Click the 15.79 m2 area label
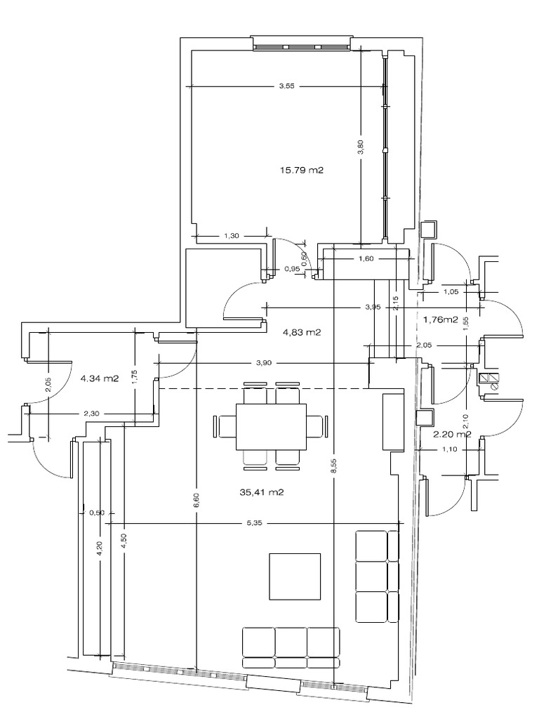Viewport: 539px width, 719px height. click(x=302, y=169)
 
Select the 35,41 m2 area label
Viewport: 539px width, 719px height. click(x=262, y=493)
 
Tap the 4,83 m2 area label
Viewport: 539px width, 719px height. click(x=301, y=333)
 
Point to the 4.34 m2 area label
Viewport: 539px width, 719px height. click(x=100, y=378)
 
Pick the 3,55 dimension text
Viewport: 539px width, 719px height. click(x=286, y=86)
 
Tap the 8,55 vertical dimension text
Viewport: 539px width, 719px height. click(x=334, y=466)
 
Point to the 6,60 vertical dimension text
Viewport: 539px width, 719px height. click(x=197, y=501)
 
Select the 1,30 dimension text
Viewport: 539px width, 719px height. click(x=232, y=237)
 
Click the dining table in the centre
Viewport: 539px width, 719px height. click(x=272, y=426)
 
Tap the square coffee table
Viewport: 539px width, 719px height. click(x=295, y=576)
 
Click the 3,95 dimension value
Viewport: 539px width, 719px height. click(x=373, y=307)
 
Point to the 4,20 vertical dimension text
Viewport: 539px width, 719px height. click(x=100, y=548)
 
